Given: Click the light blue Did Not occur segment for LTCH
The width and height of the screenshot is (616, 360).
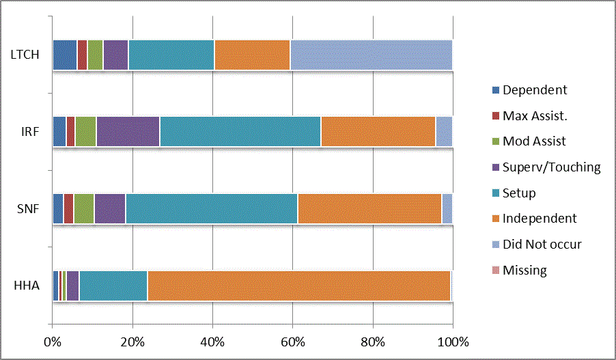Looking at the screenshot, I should click(371, 55).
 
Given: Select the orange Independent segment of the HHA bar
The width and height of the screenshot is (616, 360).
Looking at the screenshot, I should click(298, 286).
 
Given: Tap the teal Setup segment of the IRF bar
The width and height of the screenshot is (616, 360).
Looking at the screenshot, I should click(240, 131).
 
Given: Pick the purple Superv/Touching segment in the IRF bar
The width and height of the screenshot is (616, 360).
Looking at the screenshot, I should click(128, 131).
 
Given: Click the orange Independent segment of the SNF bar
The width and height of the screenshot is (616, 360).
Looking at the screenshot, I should click(369, 208).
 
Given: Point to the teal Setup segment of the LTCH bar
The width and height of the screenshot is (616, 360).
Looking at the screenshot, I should click(171, 55).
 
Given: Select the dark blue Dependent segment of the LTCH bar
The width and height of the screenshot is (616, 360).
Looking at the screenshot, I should click(64, 55).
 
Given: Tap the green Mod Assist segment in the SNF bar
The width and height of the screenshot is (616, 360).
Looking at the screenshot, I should click(83, 208).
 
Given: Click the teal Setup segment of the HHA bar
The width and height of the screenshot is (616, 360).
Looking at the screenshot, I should click(113, 286).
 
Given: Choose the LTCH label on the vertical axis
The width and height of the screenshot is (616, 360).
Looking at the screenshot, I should click(25, 55).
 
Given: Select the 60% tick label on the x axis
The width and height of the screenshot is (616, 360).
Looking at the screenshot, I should click(293, 342).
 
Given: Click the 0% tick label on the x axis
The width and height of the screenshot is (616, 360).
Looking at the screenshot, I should click(53, 342).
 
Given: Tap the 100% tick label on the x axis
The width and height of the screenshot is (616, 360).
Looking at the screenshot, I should click(452, 342).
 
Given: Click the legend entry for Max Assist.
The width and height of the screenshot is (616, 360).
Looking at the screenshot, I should click(535, 115).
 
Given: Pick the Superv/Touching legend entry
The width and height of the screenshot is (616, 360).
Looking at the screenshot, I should click(551, 167).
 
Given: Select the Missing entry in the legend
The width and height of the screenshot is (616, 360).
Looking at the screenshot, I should click(524, 270).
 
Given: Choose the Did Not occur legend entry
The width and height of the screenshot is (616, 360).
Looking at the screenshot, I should click(542, 244).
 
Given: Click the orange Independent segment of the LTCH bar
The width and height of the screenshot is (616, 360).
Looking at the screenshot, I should click(252, 55).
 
